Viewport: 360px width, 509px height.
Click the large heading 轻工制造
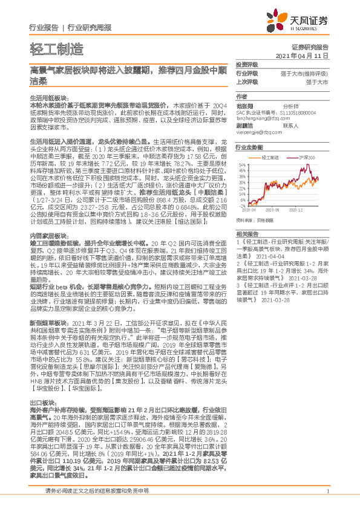coord(54,49)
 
